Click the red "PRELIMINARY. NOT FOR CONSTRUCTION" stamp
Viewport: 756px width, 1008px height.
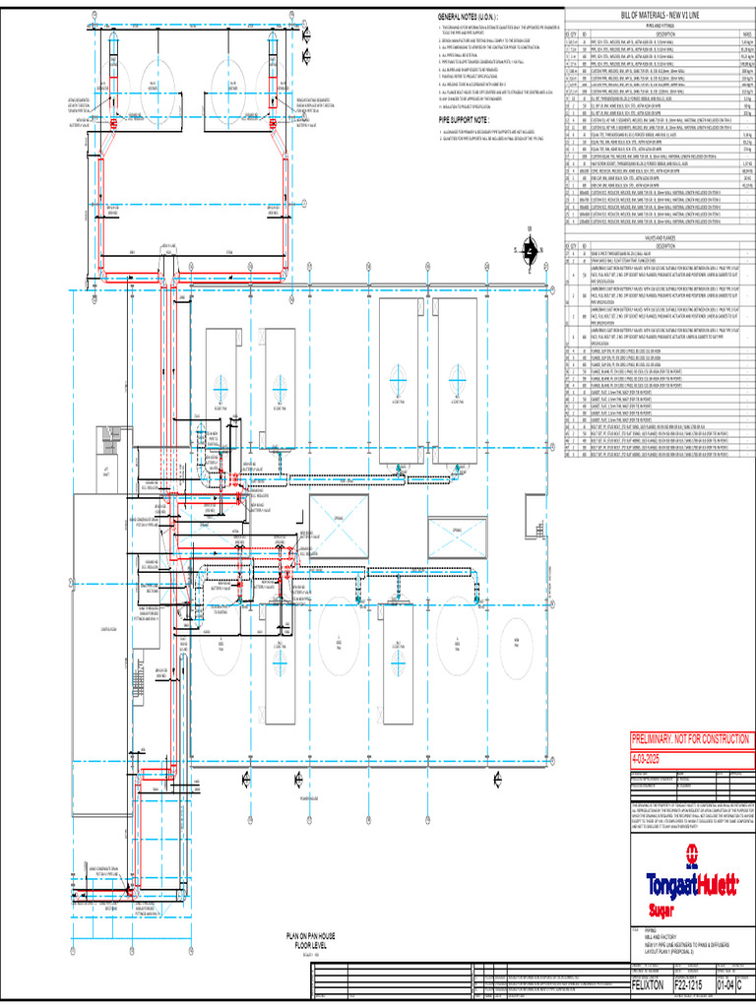[691, 739]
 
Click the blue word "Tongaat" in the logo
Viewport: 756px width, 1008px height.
[672, 885]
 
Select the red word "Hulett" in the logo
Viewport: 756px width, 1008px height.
[719, 885]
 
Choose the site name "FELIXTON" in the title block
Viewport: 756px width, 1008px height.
[651, 985]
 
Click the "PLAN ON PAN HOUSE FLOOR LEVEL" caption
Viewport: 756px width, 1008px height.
[311, 940]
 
